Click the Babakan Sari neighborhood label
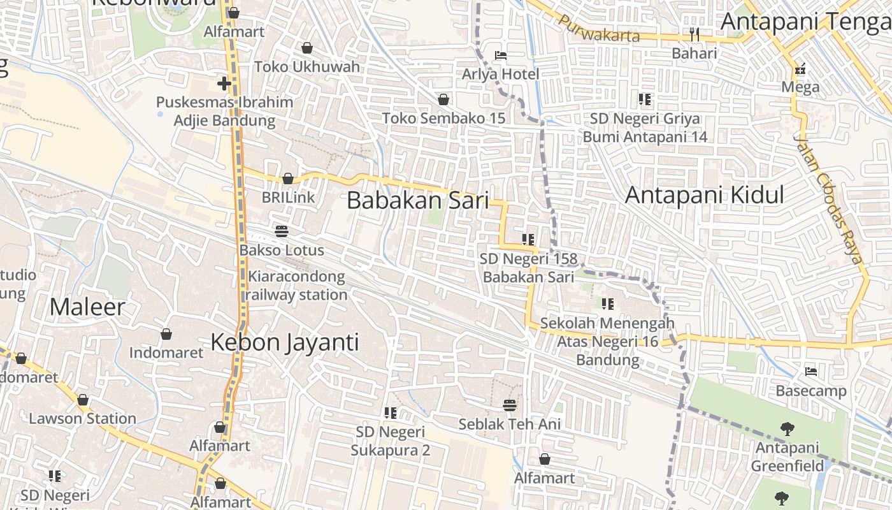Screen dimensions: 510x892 [418, 200]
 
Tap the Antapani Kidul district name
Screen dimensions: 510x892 [704, 195]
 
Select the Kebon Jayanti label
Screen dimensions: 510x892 [285, 342]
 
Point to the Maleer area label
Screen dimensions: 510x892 [87, 307]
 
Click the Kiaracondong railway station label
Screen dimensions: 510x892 [297, 286]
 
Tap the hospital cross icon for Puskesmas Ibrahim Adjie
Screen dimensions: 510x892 [224, 84]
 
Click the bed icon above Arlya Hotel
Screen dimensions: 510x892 [501, 55]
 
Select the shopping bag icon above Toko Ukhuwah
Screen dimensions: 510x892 [307, 48]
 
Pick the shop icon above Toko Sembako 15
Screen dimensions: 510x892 [443, 99]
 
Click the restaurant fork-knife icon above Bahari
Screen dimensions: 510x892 [694, 34]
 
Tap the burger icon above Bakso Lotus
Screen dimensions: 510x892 [282, 231]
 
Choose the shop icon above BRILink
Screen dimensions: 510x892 [288, 178]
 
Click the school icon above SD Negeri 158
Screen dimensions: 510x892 [528, 240]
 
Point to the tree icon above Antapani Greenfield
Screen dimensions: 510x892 [788, 429]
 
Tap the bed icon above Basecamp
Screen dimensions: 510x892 [811, 371]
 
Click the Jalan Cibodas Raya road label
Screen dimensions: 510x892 [828, 199]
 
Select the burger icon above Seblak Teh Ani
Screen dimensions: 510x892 [509, 405]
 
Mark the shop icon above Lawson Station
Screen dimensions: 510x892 [82, 400]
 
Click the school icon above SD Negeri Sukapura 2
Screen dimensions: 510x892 [391, 413]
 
